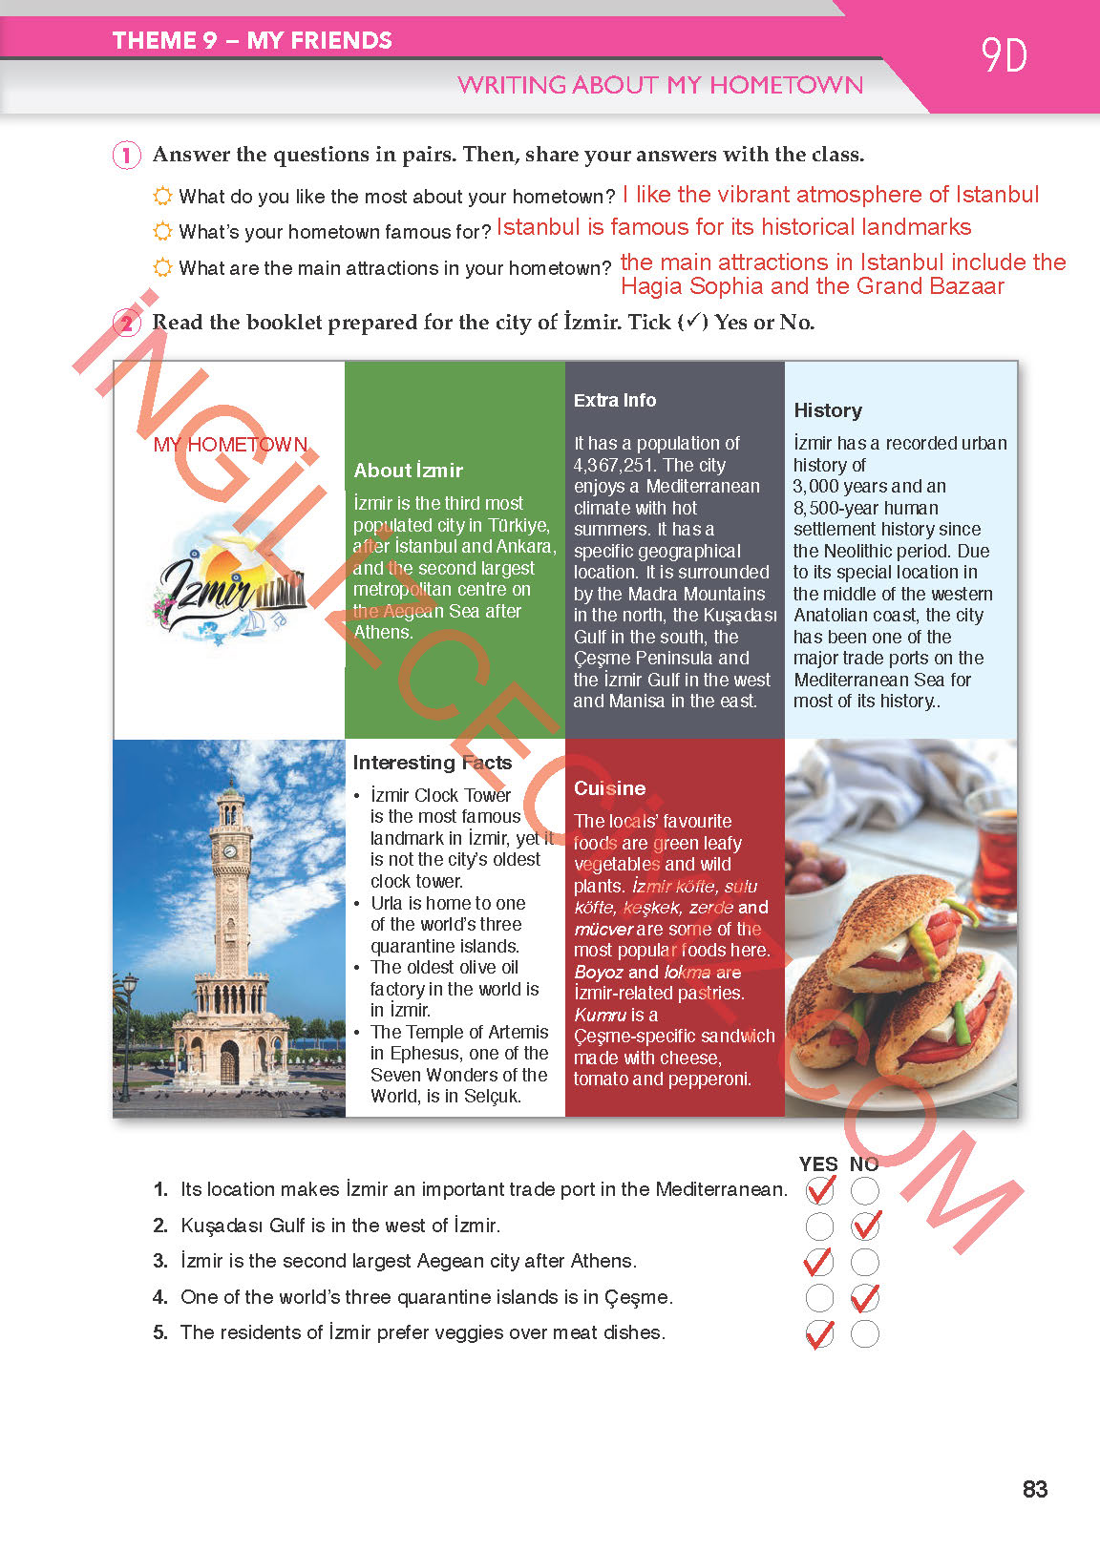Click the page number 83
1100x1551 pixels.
[1034, 1489]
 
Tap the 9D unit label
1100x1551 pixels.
[1004, 56]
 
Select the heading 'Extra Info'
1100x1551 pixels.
[615, 401]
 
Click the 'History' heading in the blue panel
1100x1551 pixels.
[828, 410]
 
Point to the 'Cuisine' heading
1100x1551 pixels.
[609, 788]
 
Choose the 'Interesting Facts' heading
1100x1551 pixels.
[432, 763]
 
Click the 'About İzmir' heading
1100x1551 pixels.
[408, 471]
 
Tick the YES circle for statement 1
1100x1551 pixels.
[819, 1190]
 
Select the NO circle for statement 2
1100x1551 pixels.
[865, 1226]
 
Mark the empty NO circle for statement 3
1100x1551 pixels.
[865, 1262]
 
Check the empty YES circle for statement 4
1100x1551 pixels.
[819, 1298]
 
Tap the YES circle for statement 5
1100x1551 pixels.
[819, 1333]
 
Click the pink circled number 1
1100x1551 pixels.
[126, 155]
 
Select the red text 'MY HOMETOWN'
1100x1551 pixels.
[230, 445]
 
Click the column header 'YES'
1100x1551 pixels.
[818, 1164]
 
